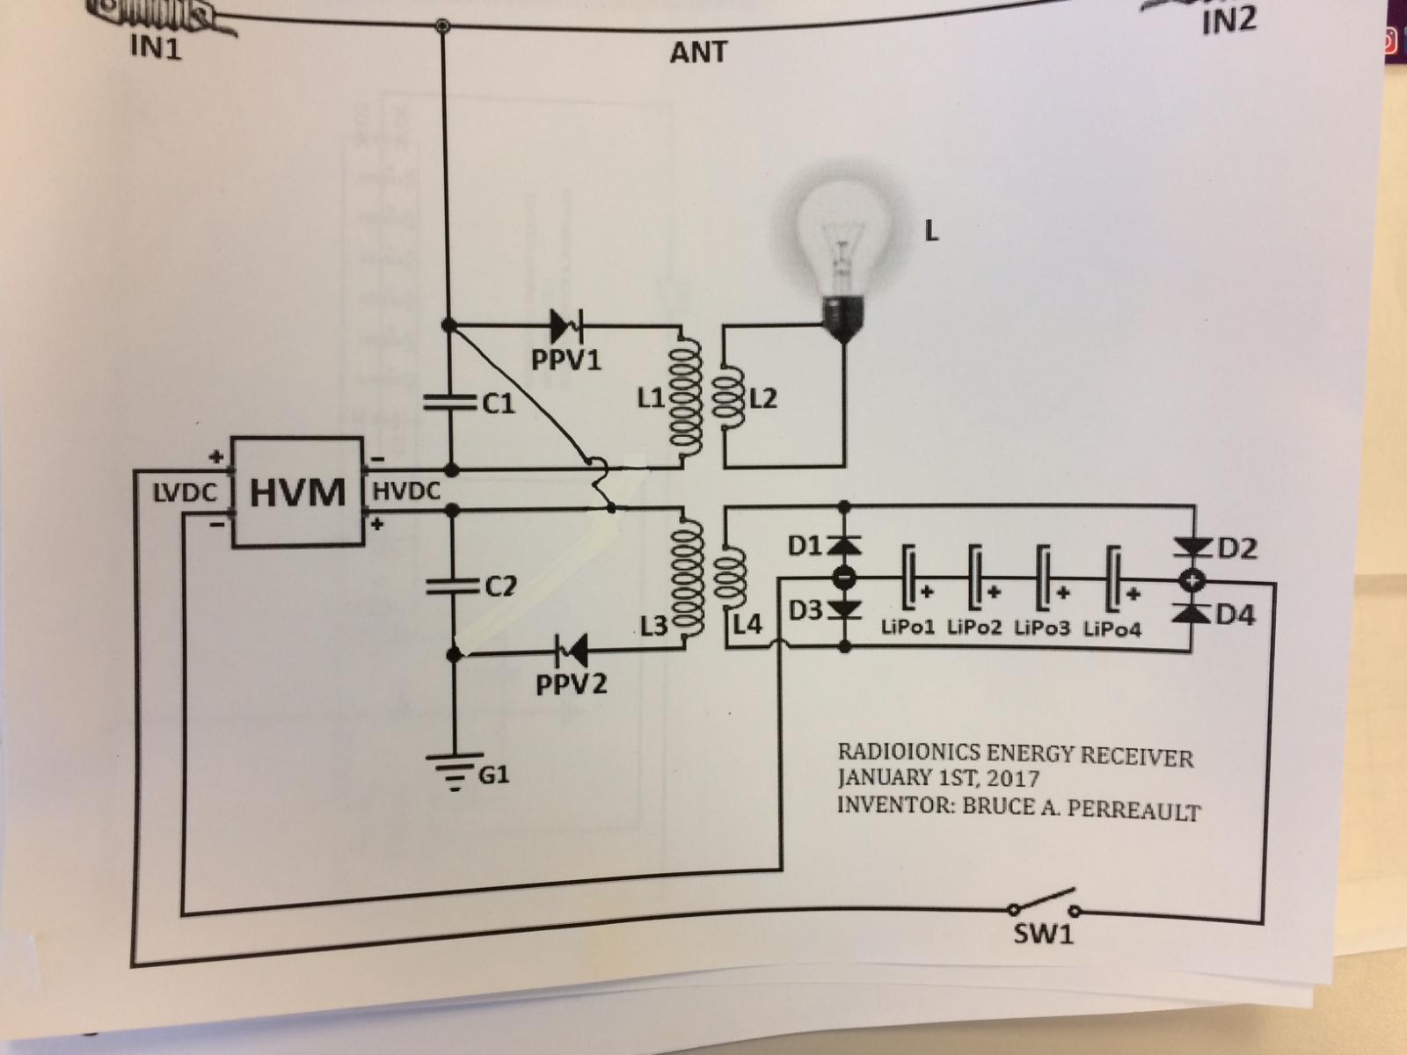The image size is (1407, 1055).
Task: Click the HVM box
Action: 298,491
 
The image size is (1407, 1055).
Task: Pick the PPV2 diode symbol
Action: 572,651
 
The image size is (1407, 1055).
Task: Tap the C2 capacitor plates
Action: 453,586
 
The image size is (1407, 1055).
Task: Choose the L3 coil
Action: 687,578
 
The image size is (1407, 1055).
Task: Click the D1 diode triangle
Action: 844,545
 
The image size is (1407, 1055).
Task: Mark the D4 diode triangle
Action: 1191,613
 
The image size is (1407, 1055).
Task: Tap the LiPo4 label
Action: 1112,629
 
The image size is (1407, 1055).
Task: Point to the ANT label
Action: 699,52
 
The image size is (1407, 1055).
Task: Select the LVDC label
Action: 186,492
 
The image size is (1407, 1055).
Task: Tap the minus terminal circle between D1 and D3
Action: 844,578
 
